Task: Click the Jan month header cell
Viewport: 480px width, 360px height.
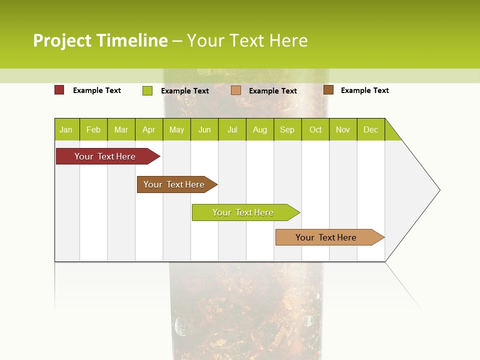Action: [x=66, y=129]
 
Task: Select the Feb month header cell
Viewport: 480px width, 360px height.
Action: [x=93, y=129]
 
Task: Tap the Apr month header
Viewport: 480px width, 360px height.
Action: [x=149, y=129]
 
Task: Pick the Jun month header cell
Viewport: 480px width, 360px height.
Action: [x=204, y=129]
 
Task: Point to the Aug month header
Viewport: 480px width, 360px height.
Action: [x=260, y=129]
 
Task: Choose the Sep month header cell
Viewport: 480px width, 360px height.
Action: [x=287, y=129]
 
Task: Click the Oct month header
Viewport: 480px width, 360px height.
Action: [x=315, y=129]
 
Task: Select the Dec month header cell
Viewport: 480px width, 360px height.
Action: [x=371, y=129]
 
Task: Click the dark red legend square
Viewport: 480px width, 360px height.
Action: [x=59, y=90]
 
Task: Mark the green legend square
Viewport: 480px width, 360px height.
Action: [x=147, y=90]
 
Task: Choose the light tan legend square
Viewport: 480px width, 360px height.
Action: [x=236, y=90]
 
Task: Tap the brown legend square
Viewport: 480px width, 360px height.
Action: [x=328, y=90]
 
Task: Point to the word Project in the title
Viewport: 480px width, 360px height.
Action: [x=62, y=40]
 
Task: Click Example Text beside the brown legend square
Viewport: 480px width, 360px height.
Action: [x=364, y=90]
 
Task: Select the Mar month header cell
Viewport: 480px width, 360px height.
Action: [x=121, y=129]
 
